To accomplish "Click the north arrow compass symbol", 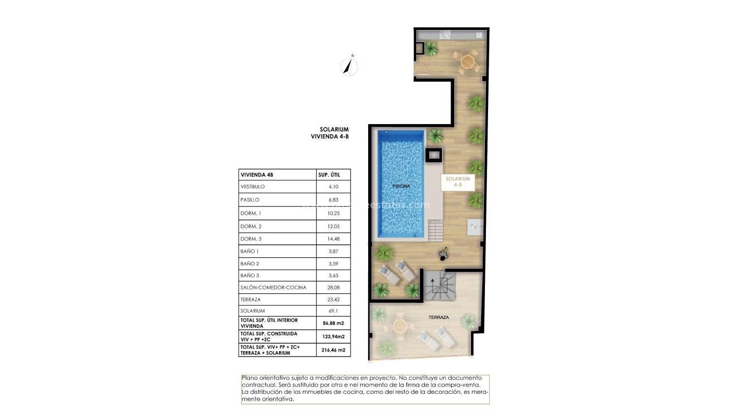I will tap(349, 66).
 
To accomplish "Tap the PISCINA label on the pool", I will tap(401, 186).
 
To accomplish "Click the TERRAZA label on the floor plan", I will tap(438, 317).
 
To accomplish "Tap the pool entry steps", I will tap(435, 231).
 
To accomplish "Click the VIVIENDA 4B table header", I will tap(257, 174).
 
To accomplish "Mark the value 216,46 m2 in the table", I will tap(333, 350).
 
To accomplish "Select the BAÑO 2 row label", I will tap(250, 264).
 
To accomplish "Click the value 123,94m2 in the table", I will tap(333, 337).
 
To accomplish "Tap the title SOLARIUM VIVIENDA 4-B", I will tap(330, 133).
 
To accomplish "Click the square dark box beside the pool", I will tap(433, 155).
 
